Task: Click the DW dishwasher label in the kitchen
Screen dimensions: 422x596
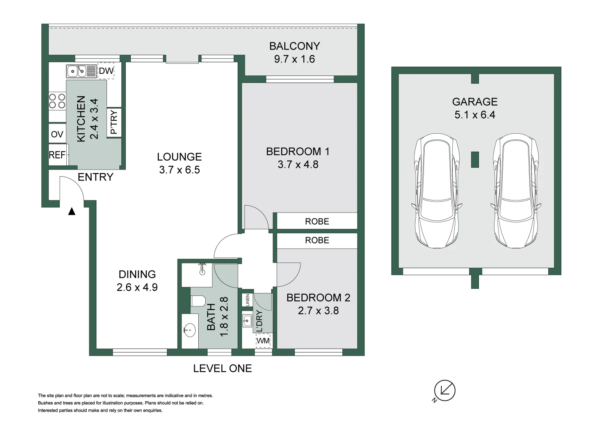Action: pos(106,71)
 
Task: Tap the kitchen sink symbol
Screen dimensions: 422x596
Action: pos(81,71)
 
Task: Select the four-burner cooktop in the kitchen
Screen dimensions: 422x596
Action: pos(57,101)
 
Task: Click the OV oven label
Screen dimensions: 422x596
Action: pos(57,134)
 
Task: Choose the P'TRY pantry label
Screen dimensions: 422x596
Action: pos(114,122)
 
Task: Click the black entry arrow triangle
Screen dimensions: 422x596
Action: pos(71,211)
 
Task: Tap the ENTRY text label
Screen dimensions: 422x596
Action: pos(95,177)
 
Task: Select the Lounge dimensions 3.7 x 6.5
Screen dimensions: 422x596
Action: pos(179,170)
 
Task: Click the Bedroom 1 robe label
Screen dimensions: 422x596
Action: pos(317,222)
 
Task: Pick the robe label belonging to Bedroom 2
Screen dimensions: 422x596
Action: pos(317,240)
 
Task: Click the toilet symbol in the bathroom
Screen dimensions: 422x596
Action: pos(198,301)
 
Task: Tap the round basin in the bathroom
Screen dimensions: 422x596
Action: pos(189,330)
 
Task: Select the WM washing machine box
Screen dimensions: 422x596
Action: pos(263,341)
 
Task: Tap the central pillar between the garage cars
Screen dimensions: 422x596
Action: pos(475,159)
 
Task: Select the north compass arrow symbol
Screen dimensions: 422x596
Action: pos(445,390)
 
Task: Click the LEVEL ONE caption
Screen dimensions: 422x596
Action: pos(222,368)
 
